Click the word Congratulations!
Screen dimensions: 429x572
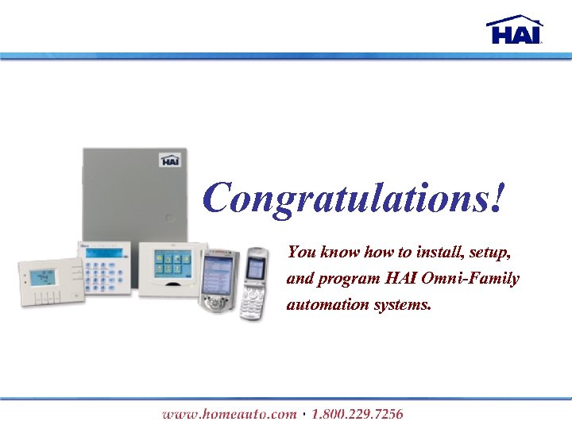354,198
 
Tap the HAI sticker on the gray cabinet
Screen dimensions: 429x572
170,160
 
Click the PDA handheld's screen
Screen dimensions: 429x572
219,274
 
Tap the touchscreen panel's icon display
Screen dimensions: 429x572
172,263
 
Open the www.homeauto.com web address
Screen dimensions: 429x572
229,414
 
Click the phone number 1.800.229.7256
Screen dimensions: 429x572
357,414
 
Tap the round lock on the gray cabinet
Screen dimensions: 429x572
168,217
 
